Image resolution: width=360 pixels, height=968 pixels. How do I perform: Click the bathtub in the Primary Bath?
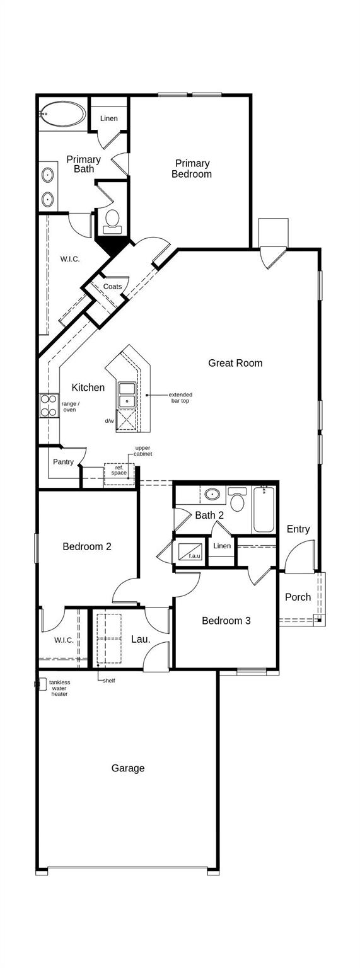click(62, 114)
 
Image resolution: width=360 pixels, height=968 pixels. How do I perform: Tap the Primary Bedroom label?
click(192, 169)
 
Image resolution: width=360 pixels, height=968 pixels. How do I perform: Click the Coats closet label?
click(113, 287)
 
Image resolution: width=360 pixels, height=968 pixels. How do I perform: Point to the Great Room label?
click(235, 363)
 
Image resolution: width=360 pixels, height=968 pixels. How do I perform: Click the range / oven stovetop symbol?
click(49, 406)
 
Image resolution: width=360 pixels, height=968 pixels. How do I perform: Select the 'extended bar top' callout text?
click(180, 398)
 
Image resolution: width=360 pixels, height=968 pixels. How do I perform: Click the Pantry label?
click(63, 462)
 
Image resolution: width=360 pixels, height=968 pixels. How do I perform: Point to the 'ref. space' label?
click(119, 470)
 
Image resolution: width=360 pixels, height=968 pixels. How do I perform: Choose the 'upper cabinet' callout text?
click(143, 451)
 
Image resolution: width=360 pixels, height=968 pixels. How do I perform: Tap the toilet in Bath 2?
click(238, 500)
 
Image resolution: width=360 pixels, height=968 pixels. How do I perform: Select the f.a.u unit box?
click(190, 552)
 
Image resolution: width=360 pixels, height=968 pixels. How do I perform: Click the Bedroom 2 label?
click(87, 546)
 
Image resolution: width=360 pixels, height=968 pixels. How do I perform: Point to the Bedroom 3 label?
click(226, 621)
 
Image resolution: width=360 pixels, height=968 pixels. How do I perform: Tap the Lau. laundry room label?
click(141, 639)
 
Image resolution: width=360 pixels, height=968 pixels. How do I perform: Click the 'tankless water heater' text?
click(60, 688)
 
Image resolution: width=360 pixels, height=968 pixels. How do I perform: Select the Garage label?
click(128, 768)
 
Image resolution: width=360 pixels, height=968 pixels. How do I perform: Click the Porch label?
click(298, 597)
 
